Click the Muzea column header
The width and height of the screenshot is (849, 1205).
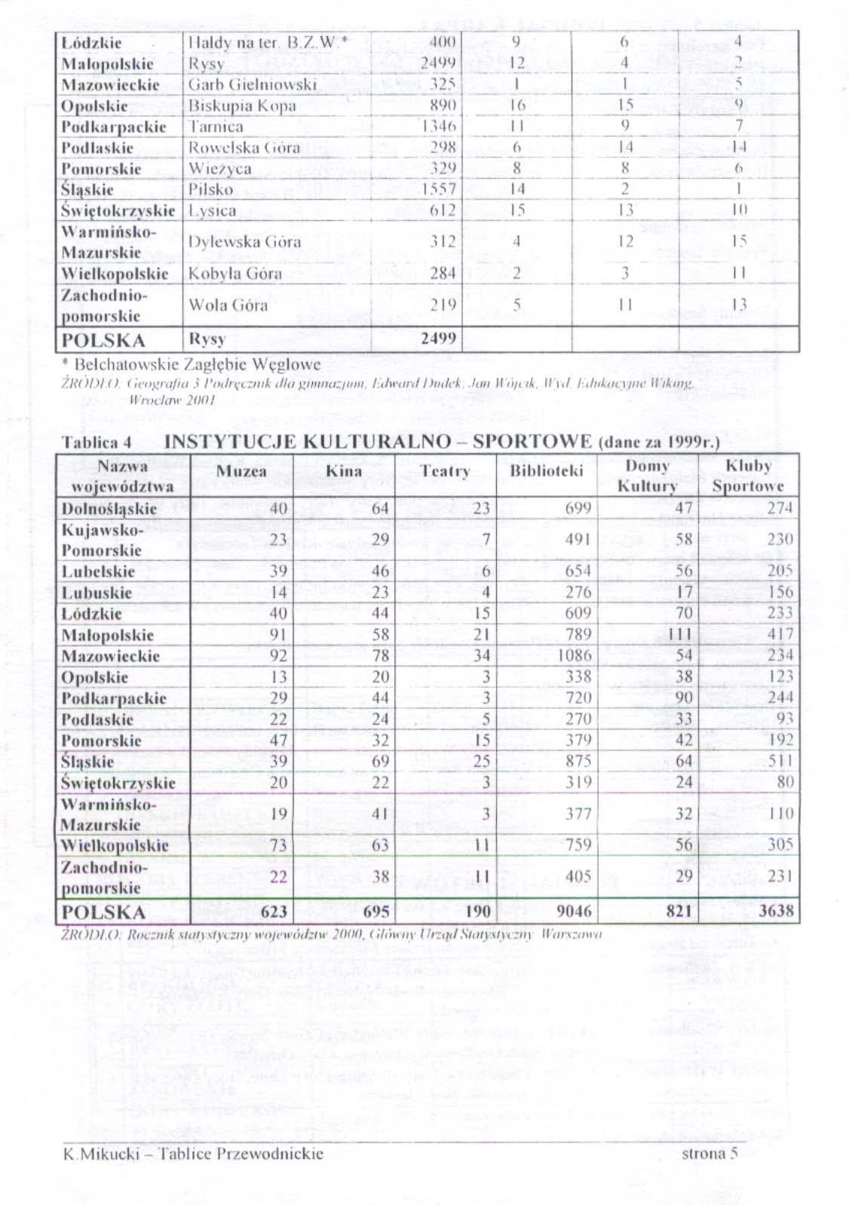click(241, 471)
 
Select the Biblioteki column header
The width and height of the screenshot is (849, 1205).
click(547, 471)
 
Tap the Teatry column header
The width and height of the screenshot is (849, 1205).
click(445, 471)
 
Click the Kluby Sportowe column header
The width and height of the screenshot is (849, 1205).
click(748, 476)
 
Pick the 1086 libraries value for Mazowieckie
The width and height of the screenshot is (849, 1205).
click(575, 655)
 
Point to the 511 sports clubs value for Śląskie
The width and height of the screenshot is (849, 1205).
click(780, 761)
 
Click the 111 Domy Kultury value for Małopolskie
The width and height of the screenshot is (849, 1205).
click(680, 635)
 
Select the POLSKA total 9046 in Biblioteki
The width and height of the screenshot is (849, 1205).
click(574, 911)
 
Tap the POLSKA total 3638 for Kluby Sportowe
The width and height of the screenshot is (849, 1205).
click(776, 911)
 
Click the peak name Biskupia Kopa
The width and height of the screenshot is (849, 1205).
click(242, 106)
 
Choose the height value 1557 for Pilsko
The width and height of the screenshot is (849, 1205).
click(439, 189)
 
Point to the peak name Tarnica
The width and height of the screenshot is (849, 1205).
click(216, 127)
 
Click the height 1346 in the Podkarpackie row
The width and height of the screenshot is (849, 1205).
click(439, 127)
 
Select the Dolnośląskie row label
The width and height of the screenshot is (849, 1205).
click(109, 509)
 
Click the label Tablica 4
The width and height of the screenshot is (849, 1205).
click(97, 443)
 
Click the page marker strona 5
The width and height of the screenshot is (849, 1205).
click(709, 1153)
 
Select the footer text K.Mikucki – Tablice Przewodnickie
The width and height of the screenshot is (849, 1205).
click(193, 1153)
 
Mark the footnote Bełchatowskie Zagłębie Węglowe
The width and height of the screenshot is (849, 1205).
click(192, 364)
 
